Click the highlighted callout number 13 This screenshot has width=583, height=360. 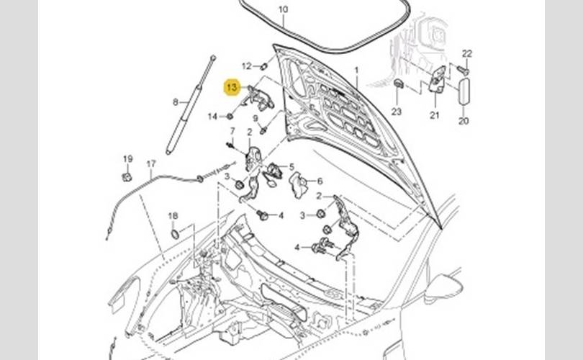point(232,88)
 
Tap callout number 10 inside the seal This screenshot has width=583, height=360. point(282,10)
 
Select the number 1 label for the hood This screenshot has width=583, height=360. point(356,70)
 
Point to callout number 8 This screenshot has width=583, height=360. point(175,102)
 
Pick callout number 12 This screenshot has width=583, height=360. point(246,66)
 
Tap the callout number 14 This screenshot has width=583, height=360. point(212,116)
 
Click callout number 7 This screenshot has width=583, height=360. point(232,131)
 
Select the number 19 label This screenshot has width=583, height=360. point(127,159)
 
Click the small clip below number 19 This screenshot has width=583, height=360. point(126,176)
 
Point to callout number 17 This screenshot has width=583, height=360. point(151,164)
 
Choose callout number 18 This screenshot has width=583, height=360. point(173,216)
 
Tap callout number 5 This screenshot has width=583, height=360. point(291,167)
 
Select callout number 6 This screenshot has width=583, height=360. point(320,181)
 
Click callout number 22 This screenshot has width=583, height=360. point(466,54)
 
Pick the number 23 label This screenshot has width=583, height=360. point(396,111)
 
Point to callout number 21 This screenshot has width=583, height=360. point(434,114)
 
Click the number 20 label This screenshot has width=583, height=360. point(464,121)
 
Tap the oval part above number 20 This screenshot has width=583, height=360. point(464,92)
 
